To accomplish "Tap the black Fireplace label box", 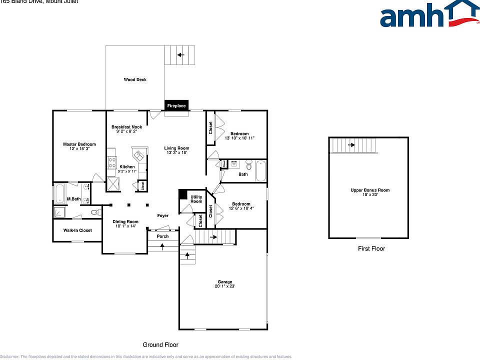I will point(176,105).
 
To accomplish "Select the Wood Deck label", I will point(135,79).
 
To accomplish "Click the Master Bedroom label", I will point(79,144).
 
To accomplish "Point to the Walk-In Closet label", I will point(77,230).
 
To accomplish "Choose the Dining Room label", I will point(125,221).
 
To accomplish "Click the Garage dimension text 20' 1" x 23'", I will point(224,286).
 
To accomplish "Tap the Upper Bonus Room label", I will point(370,190).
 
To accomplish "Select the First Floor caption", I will point(371,248).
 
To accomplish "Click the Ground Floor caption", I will point(160,344).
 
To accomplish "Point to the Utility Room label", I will point(196,199).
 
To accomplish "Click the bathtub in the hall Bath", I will point(261,171).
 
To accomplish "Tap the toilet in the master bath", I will point(95,212).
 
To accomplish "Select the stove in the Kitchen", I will point(111,162).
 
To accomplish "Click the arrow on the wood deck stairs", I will point(180,55).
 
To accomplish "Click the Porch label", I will point(162,236).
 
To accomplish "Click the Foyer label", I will point(163,215).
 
